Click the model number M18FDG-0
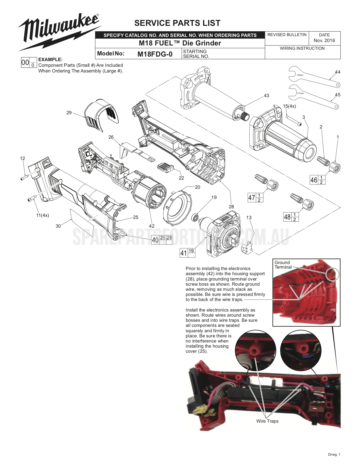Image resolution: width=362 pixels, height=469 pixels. point(155,54)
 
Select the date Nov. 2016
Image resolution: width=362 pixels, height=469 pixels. point(324,40)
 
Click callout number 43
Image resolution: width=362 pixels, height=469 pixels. point(266,96)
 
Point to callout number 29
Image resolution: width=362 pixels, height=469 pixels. point(69,113)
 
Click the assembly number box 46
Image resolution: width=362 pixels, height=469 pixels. point(314,180)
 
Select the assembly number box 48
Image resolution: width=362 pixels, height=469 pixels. point(287,217)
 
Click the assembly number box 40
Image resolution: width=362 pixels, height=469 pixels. point(155,240)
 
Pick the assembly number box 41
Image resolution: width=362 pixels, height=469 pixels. point(184,253)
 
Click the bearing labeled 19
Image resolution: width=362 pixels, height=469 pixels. point(195,217)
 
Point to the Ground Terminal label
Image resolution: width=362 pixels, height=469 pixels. point(283,265)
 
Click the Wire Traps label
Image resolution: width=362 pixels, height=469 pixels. point(267,421)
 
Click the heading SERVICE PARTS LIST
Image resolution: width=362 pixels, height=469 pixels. point(177,23)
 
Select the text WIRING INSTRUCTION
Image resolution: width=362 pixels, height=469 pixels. point(302,48)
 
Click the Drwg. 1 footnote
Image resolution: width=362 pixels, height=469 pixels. point(334,455)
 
